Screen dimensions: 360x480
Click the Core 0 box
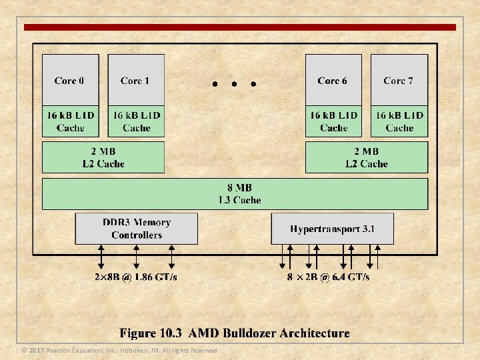[70, 80]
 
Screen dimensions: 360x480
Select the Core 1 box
[135, 80]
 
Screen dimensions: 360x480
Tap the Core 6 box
[333, 80]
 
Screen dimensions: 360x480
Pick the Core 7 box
[398, 80]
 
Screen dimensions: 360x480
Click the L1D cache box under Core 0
[70, 121]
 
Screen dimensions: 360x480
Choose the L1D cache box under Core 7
[399, 121]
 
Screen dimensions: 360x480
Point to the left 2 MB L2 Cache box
[103, 157]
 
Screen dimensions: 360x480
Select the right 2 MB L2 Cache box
[366, 157]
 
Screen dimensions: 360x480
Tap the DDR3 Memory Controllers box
[137, 229]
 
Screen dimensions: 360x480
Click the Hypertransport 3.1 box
[332, 229]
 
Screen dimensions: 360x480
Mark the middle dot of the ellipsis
[234, 85]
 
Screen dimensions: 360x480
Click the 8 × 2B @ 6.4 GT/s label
[329, 277]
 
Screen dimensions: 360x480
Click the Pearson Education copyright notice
[120, 351]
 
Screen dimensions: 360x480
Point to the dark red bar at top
[240, 27]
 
